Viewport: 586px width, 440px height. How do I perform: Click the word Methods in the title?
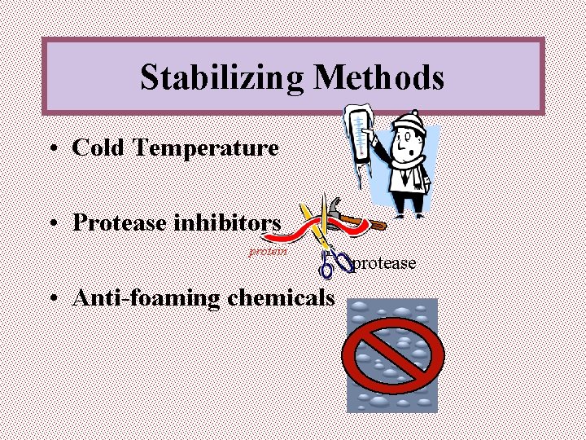[x=379, y=77]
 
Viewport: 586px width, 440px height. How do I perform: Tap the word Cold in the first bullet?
[x=100, y=147]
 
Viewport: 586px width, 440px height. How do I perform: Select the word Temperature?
[x=207, y=148]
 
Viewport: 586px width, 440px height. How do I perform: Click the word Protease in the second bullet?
[x=118, y=222]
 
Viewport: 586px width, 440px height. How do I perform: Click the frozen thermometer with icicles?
[x=356, y=143]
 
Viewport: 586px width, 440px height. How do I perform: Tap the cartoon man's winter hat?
[x=405, y=122]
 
